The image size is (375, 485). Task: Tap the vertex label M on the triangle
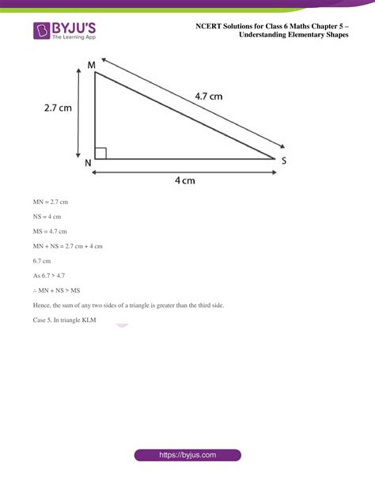[92, 63]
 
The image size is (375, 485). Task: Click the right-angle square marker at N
[100, 153]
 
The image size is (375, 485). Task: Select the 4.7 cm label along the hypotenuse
[209, 97]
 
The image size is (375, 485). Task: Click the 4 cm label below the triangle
[184, 180]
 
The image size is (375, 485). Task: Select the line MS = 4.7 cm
[51, 231]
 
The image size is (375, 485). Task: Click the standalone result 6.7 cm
[41, 260]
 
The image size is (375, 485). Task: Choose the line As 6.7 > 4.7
[49, 275]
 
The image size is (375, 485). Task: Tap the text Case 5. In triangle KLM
[64, 319]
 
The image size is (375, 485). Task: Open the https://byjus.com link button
[187, 456]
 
